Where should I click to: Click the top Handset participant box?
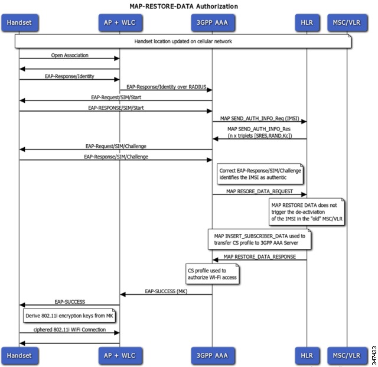point(19,22)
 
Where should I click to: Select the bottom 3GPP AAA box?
point(213,355)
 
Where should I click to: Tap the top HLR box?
point(307,22)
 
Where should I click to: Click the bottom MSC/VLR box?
point(347,355)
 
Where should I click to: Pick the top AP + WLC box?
point(120,22)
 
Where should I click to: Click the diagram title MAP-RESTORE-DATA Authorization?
point(184,7)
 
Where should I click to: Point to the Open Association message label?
point(70,55)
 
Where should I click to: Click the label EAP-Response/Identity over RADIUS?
point(167,87)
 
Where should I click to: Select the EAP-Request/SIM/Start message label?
point(116,98)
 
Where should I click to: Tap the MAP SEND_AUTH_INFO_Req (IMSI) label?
point(260,118)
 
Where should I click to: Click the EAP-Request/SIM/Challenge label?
point(116,146)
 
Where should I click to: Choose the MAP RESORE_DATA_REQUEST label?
point(260,191)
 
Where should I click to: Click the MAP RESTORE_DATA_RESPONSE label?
point(260,256)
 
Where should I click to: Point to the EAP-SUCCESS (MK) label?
point(166,291)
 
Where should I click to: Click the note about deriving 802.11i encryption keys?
point(69,316)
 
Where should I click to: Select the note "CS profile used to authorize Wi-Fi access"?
point(213,274)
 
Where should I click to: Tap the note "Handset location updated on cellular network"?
point(183,41)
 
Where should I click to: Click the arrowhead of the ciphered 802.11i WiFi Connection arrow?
point(117,333)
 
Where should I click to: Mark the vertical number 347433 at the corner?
point(374,355)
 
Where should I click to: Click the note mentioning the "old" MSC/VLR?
point(307,212)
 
